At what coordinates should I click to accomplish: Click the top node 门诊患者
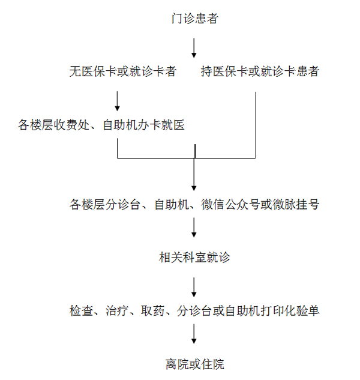(195, 19)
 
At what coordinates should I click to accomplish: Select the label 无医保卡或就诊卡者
(123, 71)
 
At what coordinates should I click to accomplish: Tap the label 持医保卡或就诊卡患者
(260, 71)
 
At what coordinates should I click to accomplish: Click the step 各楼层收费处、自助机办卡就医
(101, 125)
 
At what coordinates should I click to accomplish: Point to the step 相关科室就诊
(194, 257)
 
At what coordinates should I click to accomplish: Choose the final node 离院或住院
(195, 364)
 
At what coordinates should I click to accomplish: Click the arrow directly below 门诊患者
(194, 48)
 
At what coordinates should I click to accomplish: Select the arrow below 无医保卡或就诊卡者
(117, 101)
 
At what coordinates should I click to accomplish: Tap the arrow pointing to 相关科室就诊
(194, 228)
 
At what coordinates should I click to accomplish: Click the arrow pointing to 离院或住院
(194, 334)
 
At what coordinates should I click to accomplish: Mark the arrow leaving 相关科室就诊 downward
(194, 287)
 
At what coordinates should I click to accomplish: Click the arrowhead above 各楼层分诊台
(194, 188)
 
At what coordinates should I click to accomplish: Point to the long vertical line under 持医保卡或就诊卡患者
(256, 125)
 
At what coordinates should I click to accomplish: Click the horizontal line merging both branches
(187, 158)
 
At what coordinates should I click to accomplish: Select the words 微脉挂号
(296, 204)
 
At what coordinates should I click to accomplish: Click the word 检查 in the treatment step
(81, 310)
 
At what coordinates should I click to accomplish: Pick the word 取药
(152, 310)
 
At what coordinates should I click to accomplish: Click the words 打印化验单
(290, 310)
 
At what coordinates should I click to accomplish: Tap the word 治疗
(117, 310)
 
